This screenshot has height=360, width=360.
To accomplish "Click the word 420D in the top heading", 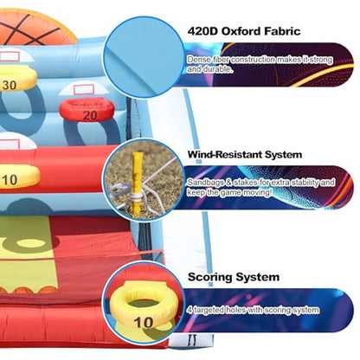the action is click(x=202, y=31).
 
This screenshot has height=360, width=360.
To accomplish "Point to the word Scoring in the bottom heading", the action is click(x=209, y=277).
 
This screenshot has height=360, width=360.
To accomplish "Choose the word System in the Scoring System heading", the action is click(x=257, y=277).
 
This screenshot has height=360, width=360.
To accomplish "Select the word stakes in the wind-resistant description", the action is click(x=247, y=183).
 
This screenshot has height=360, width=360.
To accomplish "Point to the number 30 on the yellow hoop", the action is click(x=10, y=85).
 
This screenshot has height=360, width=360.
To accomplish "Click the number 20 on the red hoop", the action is click(x=90, y=116).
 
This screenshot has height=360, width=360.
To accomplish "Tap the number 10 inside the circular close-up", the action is click(x=144, y=322).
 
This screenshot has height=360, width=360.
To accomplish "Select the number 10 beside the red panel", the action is click(x=10, y=180).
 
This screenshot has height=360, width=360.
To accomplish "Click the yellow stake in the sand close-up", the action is click(x=137, y=184).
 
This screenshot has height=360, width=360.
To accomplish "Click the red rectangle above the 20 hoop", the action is click(x=84, y=89).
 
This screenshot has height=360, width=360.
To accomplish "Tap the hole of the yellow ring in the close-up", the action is click(x=144, y=304).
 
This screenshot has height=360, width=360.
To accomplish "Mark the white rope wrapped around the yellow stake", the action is click(x=136, y=196).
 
